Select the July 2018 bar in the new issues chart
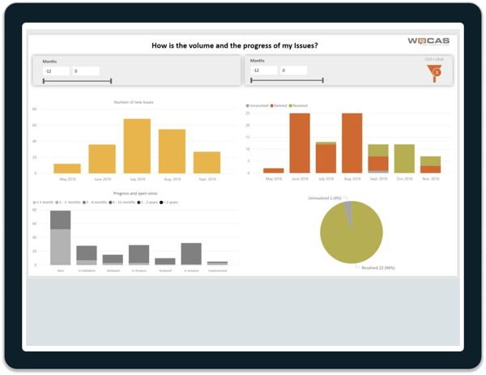[137, 146]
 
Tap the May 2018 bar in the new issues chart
[67, 168]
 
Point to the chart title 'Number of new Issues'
[134, 103]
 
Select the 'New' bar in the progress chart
[61, 238]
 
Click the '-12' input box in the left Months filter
[56, 71]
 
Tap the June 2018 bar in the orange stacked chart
[300, 143]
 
